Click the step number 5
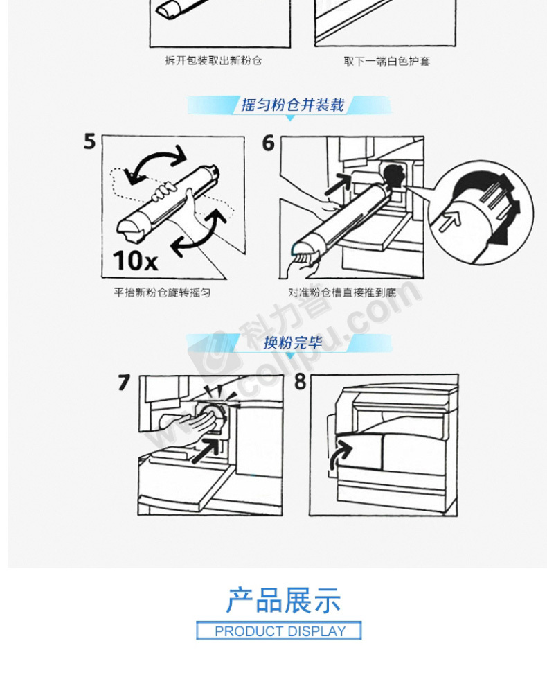coord(89,141)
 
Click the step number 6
coord(269,143)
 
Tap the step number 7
coord(124,383)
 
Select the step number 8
coord(301,381)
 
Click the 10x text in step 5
coord(135,261)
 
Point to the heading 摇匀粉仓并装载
coord(292,105)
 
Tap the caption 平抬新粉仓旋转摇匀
coord(162,292)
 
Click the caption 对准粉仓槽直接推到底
coord(342,292)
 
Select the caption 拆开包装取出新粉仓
coord(213,60)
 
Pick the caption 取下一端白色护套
coord(387,61)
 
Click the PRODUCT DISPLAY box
coord(279,631)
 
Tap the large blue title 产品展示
coord(283,601)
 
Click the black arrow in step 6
coord(338,184)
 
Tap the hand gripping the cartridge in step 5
coord(164,192)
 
